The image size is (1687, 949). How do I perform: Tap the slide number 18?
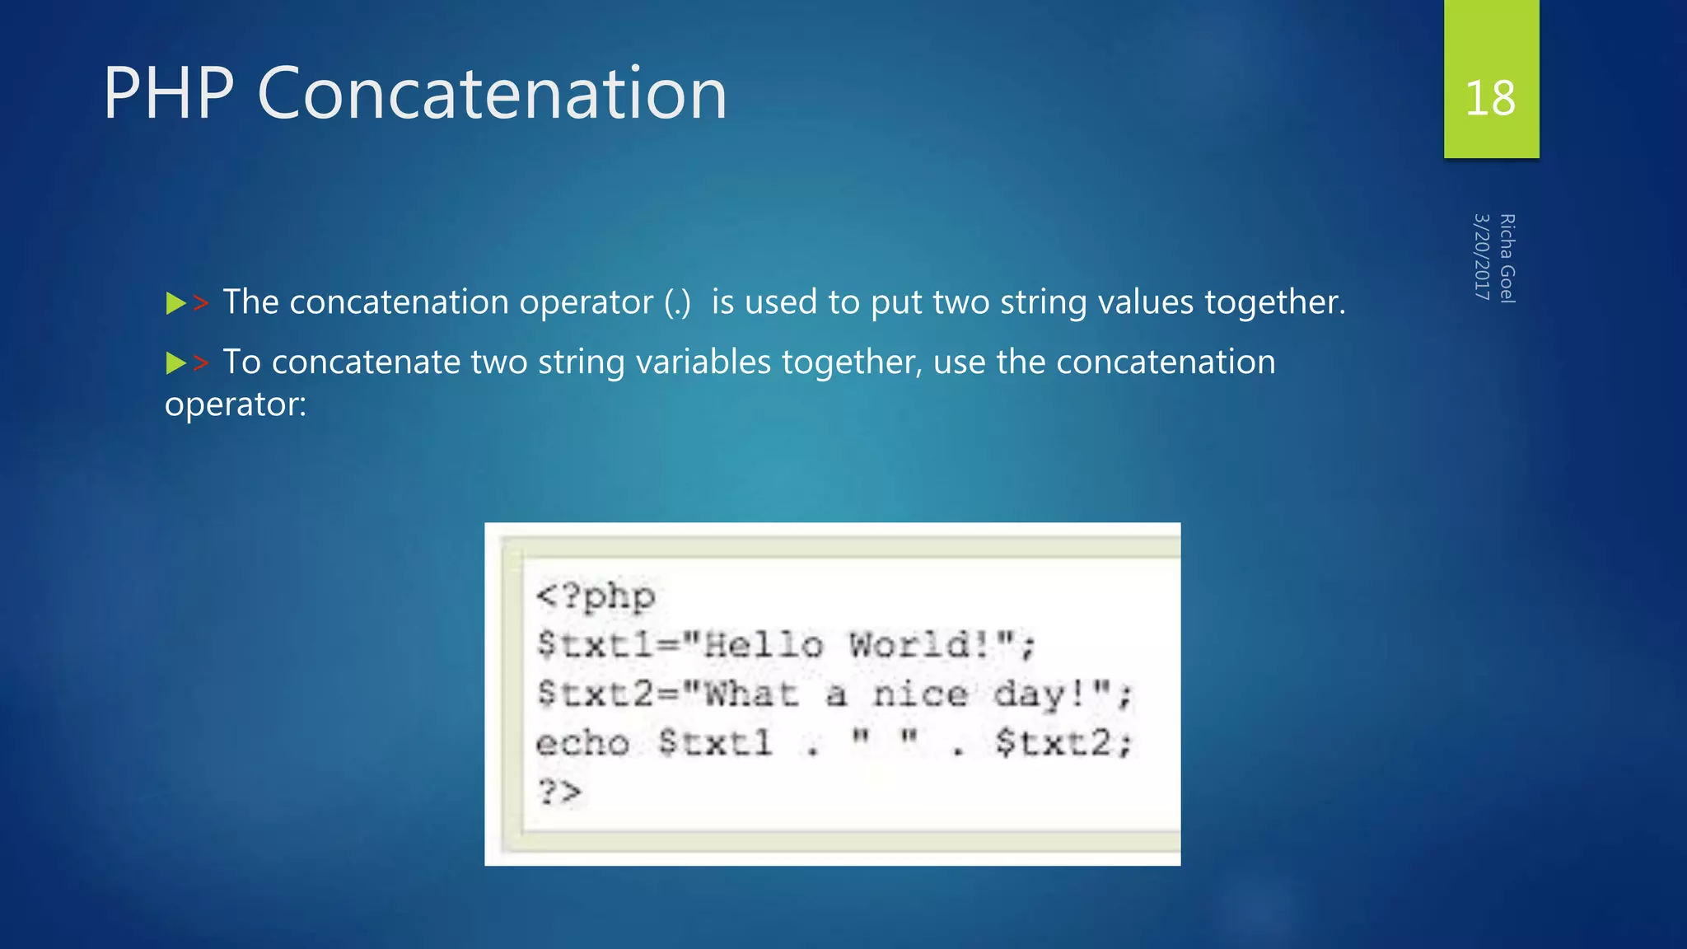[1490, 98]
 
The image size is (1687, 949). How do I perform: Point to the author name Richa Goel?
[1507, 259]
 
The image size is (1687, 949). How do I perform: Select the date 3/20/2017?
[1482, 257]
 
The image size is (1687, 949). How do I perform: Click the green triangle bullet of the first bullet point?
[175, 303]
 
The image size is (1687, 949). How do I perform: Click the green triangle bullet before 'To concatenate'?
[175, 362]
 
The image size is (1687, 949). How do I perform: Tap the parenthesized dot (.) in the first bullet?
[678, 302]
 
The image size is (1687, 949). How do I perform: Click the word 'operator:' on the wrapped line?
[236, 404]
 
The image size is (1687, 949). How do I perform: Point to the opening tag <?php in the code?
[596, 596]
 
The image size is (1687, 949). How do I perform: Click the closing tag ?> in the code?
[559, 792]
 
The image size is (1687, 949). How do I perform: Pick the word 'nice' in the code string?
[920, 694]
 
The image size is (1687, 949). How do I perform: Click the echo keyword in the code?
[582, 743]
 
